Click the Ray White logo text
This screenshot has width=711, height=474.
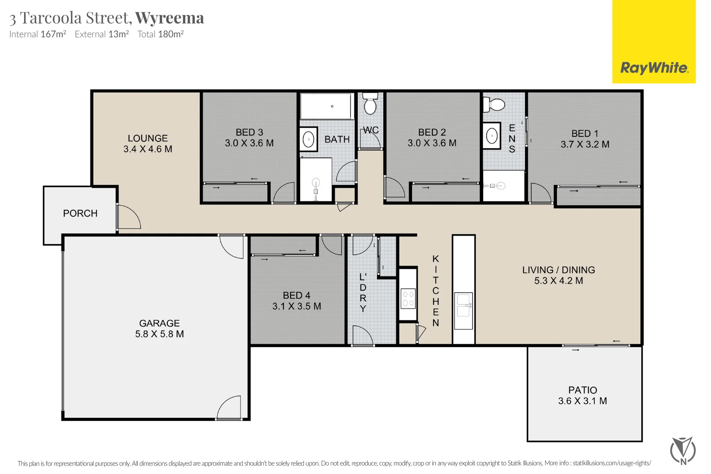pyautogui.click(x=654, y=68)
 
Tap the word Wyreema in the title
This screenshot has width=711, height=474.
pyautogui.click(x=169, y=18)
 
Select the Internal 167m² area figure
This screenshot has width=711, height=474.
pyautogui.click(x=38, y=34)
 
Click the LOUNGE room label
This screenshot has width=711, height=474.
pyautogui.click(x=147, y=138)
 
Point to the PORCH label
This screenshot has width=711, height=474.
pyautogui.click(x=80, y=213)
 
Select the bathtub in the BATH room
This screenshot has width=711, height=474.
pyautogui.click(x=327, y=106)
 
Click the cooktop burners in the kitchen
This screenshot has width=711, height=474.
pyautogui.click(x=408, y=298)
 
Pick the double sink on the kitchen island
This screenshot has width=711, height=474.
pyautogui.click(x=463, y=305)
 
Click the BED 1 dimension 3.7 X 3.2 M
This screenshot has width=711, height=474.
pyautogui.click(x=585, y=144)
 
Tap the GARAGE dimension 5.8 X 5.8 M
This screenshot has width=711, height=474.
pyautogui.click(x=159, y=334)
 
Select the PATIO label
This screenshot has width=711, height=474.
pyautogui.click(x=582, y=390)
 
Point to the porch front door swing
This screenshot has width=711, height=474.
pyautogui.click(x=129, y=217)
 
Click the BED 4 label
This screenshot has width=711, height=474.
pyautogui.click(x=296, y=295)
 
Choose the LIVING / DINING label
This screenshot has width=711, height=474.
pyautogui.click(x=558, y=270)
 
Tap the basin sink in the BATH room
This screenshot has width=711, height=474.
pyautogui.click(x=309, y=140)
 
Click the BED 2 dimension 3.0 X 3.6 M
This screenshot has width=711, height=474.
pyautogui.click(x=432, y=143)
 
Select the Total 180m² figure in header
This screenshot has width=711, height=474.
pyautogui.click(x=160, y=34)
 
